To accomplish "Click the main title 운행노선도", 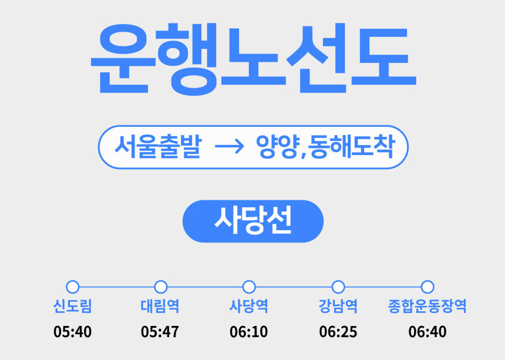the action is tap(254, 59).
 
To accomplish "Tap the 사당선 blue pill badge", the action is tap(253, 221).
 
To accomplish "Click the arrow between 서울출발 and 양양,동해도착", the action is tap(230, 147).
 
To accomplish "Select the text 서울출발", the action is tap(158, 147).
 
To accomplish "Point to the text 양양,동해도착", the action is tap(326, 147).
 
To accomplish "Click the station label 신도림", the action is tap(72, 306).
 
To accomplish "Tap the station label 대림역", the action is tap(160, 306).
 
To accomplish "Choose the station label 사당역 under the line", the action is tap(248, 306).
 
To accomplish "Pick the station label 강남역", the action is tap(338, 306).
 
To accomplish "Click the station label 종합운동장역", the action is tap(427, 306).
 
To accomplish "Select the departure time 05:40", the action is tap(72, 332).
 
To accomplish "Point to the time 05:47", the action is tap(160, 332).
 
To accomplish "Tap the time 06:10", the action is tap(248, 332).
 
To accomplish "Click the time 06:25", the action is tap(338, 332).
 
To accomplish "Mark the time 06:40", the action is tap(427, 332).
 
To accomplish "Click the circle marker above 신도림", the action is tap(72, 282).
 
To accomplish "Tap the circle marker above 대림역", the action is tap(161, 282).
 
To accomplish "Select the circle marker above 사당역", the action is tap(249, 282).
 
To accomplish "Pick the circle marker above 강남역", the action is tap(338, 282).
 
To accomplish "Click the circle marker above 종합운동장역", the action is tap(427, 282).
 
